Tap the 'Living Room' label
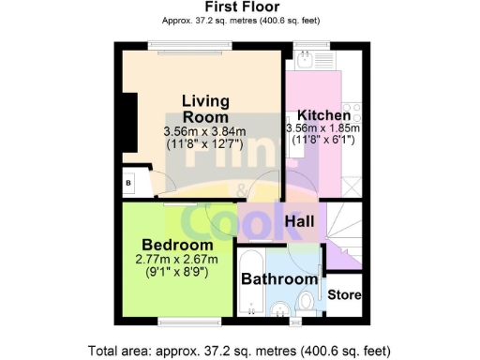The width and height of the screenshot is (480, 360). (204, 109)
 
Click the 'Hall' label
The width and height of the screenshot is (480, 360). (299, 221)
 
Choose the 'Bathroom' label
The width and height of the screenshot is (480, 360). (279, 278)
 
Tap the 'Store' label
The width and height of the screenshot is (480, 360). (344, 294)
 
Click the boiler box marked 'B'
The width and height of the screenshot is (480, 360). (128, 182)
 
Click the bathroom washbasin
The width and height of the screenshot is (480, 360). (277, 309)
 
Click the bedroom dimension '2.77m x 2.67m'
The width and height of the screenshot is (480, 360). (175, 259)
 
